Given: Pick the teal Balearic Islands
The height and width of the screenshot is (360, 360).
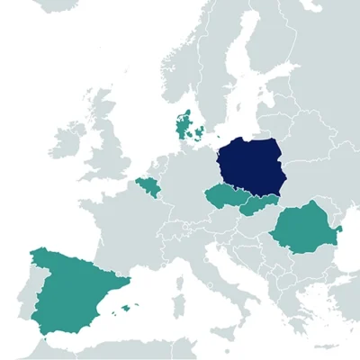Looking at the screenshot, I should click(125, 309).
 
